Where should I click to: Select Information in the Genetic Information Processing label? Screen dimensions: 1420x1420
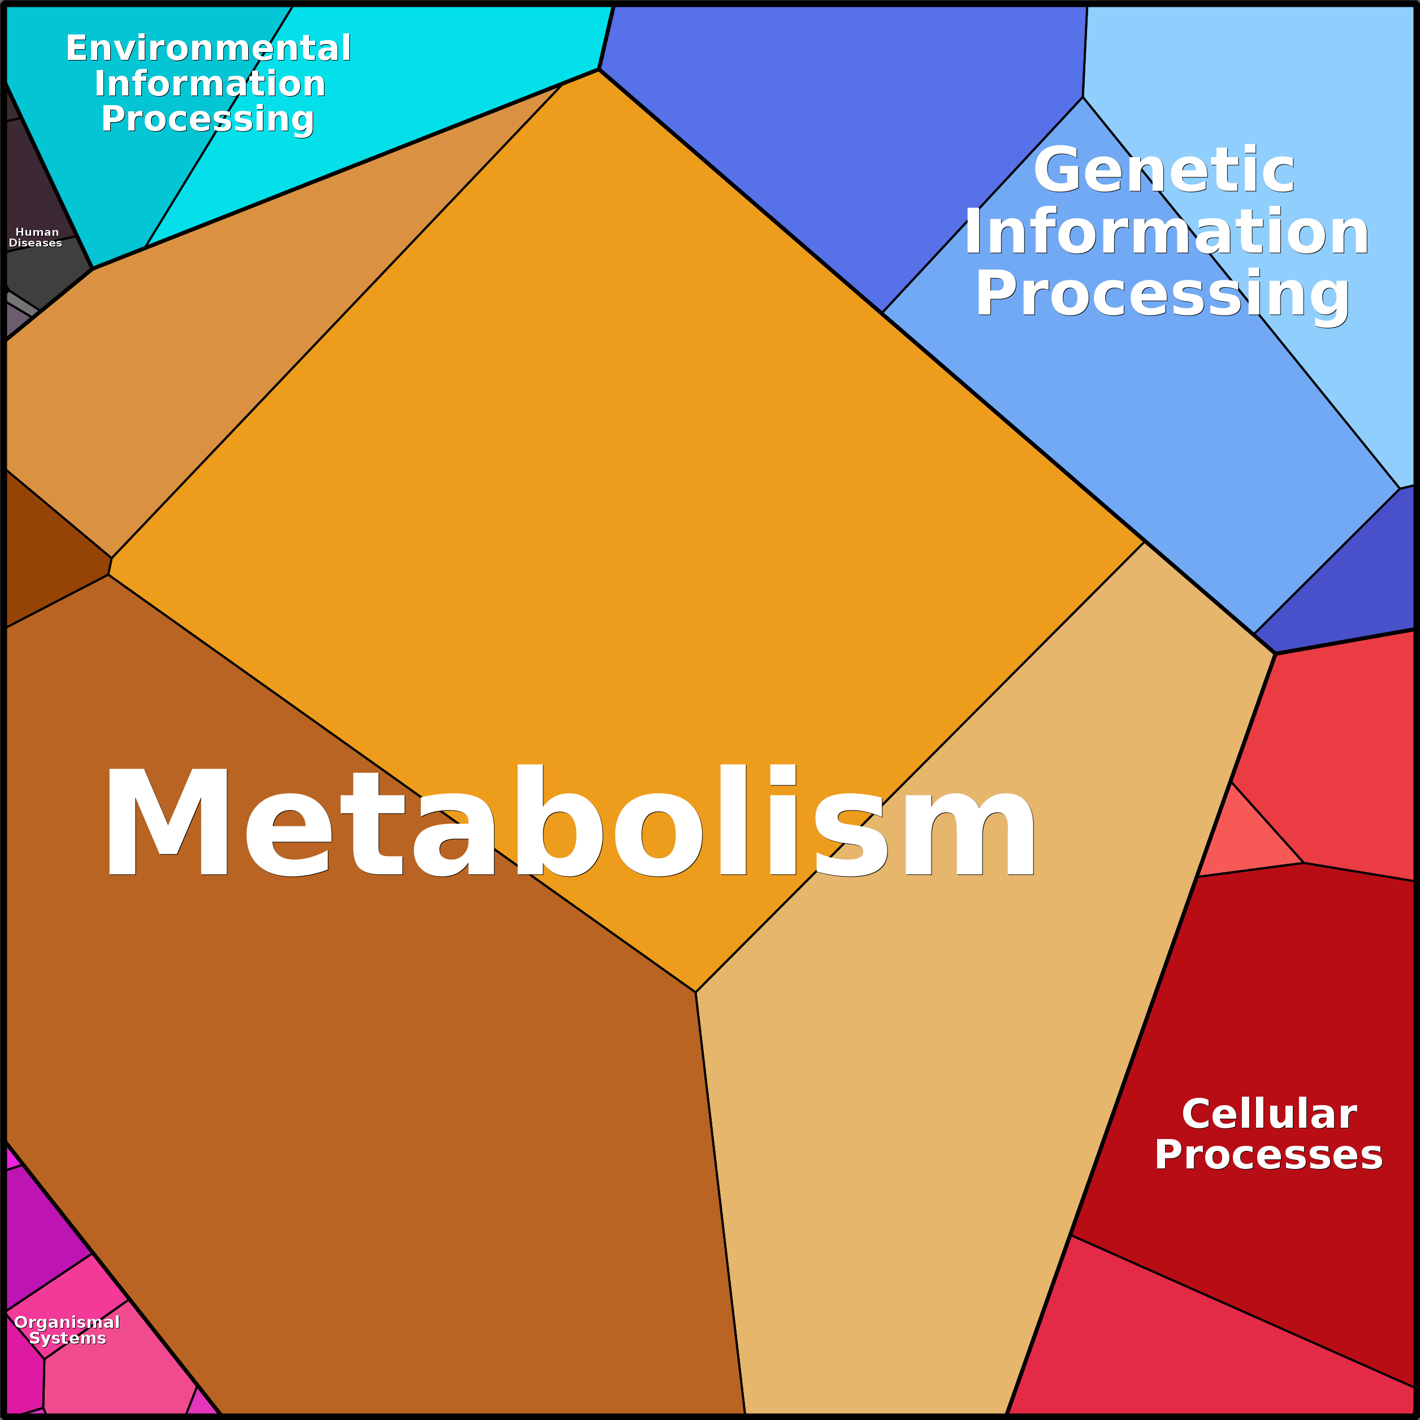(1166, 232)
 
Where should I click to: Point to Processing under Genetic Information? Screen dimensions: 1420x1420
(1162, 294)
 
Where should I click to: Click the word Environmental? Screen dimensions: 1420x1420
(209, 49)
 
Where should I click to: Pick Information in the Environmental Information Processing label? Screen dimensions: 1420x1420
(210, 84)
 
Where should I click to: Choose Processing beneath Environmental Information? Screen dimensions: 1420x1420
(208, 119)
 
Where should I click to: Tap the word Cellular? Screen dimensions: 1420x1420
(1269, 1114)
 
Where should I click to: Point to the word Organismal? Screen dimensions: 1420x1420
(67, 1323)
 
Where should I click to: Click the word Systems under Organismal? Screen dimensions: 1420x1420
(68, 1339)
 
